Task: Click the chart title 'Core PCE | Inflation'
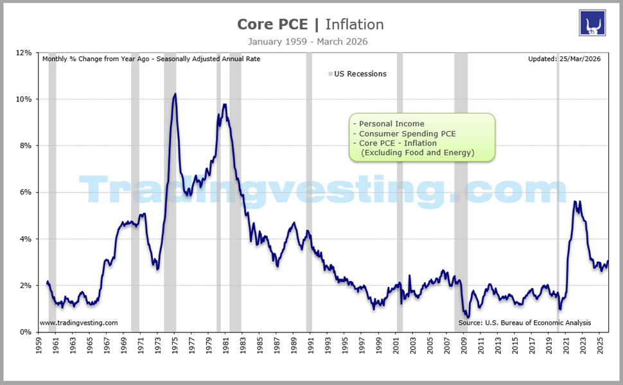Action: pos(310,24)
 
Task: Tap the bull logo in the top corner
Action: pos(593,23)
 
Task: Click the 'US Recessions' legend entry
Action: pos(360,74)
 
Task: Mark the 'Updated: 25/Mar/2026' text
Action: pos(564,59)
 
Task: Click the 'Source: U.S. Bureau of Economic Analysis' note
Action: pos(524,323)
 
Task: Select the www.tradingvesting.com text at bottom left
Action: pos(78,323)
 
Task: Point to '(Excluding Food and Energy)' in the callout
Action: pos(417,153)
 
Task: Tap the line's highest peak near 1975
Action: pos(175,94)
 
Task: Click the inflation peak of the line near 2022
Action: pos(575,201)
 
